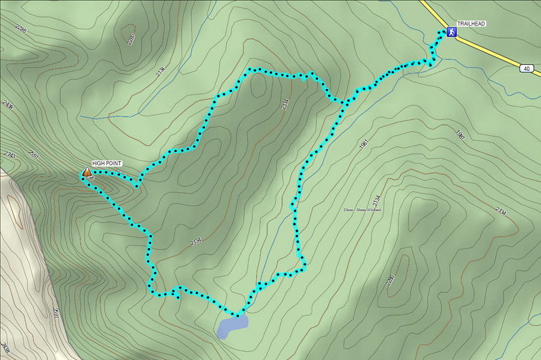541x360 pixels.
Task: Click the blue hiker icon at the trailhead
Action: point(450,32)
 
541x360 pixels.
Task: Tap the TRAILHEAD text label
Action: point(471,23)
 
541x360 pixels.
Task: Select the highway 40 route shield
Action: point(527,69)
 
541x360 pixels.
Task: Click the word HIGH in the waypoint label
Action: point(99,163)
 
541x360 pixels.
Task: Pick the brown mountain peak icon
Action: point(87,173)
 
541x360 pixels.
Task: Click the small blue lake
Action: point(233,327)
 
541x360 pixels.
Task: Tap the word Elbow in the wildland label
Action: point(349,210)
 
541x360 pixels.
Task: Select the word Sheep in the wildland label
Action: point(362,210)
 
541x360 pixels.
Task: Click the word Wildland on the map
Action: point(375,210)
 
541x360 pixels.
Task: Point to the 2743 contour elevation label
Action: point(10,155)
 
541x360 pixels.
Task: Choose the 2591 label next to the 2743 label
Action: point(34,156)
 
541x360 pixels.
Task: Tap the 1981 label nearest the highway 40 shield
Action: point(460,134)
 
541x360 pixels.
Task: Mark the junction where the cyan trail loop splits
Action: point(345,103)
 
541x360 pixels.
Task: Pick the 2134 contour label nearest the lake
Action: point(196,241)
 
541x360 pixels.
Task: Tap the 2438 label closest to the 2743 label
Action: point(8,106)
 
